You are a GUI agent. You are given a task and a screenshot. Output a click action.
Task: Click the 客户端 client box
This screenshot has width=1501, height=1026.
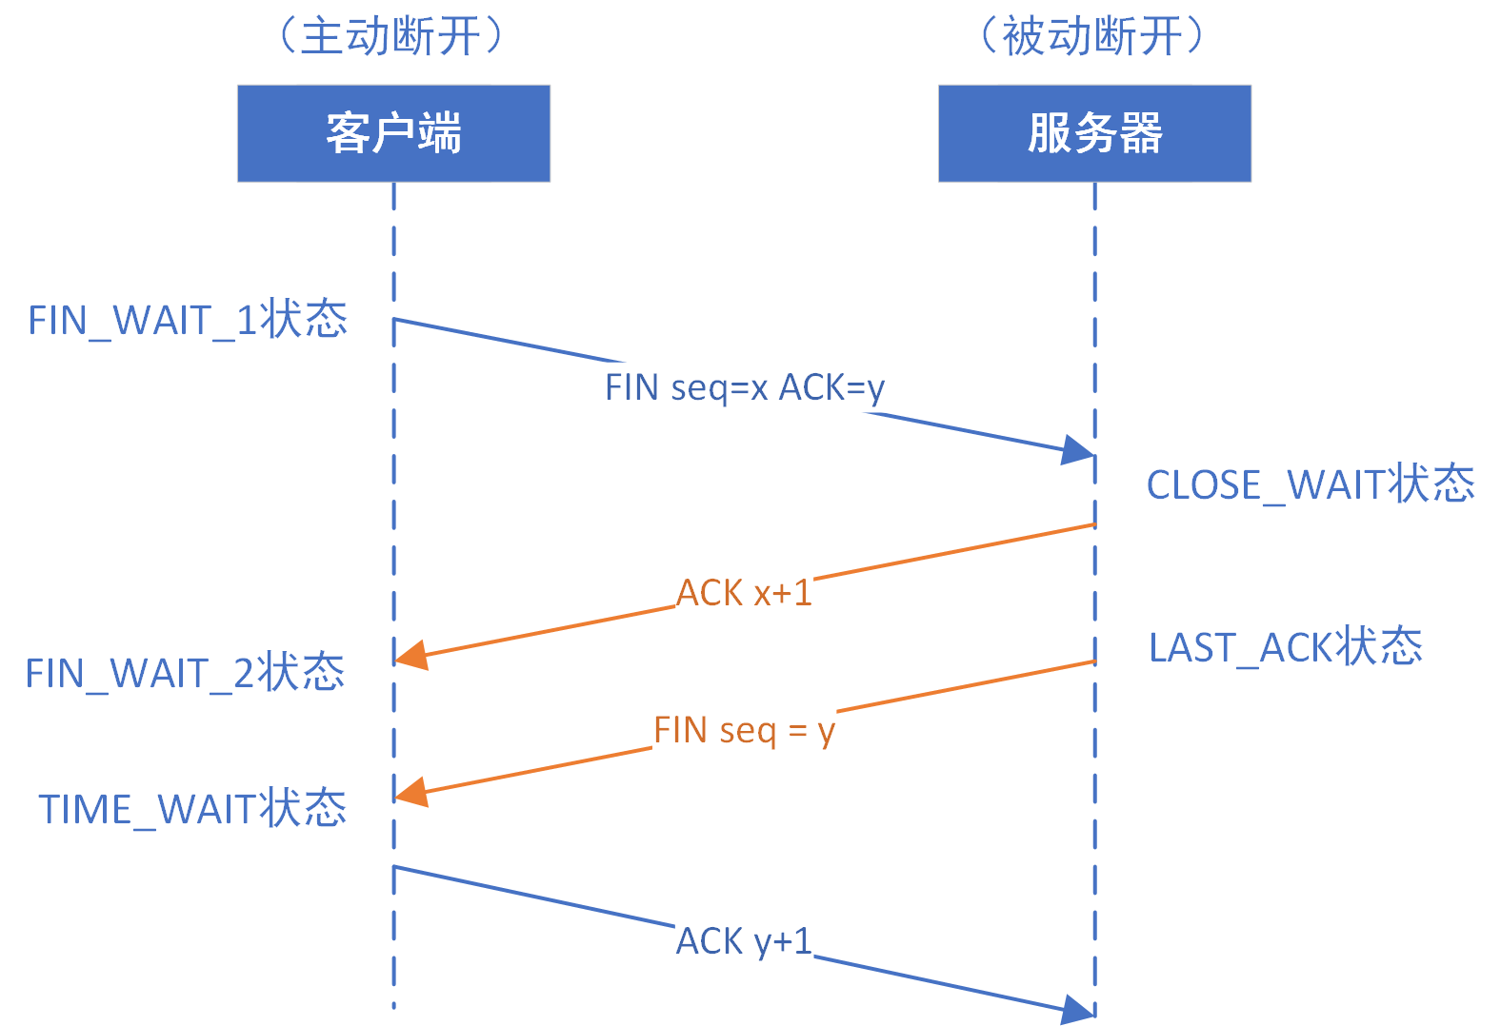click(x=393, y=133)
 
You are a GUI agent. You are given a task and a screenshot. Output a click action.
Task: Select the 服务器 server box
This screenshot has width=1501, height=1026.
click(x=1094, y=133)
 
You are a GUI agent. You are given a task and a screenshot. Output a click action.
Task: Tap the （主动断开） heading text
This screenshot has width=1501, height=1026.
click(x=390, y=36)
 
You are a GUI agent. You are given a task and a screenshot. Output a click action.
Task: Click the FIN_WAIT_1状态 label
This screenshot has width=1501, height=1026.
click(x=188, y=320)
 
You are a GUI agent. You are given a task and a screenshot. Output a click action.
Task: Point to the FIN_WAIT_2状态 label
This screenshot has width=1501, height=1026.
click(x=185, y=673)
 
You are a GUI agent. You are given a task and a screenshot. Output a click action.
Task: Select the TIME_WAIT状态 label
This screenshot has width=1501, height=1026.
click(x=192, y=809)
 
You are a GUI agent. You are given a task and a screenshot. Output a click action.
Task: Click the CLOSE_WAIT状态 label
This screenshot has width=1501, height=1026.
click(x=1311, y=484)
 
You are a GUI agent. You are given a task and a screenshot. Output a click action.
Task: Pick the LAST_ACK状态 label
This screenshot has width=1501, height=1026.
click(x=1286, y=647)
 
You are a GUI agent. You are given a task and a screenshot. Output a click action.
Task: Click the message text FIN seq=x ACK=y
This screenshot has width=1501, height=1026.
click(x=745, y=387)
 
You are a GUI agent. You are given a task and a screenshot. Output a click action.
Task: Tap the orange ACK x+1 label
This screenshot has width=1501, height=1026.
click(x=744, y=593)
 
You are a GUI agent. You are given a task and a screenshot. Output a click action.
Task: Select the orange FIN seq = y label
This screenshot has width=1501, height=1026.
click(x=744, y=730)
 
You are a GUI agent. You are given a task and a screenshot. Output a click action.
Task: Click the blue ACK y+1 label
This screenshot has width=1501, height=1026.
click(x=744, y=941)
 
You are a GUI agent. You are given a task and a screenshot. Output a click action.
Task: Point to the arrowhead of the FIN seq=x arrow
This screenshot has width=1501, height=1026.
click(x=1079, y=450)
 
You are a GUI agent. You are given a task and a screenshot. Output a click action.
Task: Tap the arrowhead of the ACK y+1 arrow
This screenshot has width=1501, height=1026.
click(x=1079, y=1010)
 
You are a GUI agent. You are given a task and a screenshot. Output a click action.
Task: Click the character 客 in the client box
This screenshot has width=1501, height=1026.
click(x=348, y=133)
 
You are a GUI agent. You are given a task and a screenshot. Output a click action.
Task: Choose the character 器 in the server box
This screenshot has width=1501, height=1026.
click(x=1140, y=133)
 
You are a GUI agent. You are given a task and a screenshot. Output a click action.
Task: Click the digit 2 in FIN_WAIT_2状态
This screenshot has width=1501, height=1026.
click(x=244, y=674)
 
